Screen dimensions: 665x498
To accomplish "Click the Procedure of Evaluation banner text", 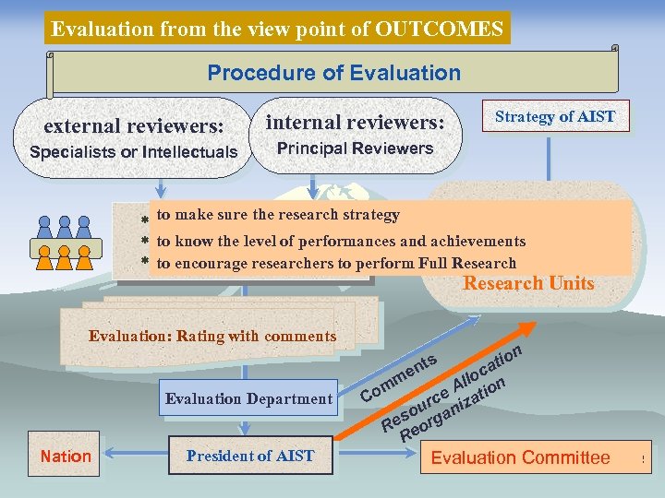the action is pyautogui.click(x=333, y=72).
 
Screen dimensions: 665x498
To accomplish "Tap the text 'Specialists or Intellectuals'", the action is pyautogui.click(x=134, y=152).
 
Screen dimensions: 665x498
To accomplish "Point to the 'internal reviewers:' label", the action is pyautogui.click(x=356, y=122).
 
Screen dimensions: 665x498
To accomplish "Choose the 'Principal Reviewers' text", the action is pyautogui.click(x=356, y=148).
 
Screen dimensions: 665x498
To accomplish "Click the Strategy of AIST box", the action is pyautogui.click(x=554, y=116).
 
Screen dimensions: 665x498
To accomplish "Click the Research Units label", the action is pyautogui.click(x=528, y=283).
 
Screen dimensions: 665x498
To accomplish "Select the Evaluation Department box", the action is pyautogui.click(x=248, y=399).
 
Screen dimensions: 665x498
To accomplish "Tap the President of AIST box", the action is pyautogui.click(x=249, y=456).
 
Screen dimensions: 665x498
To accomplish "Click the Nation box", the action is pyautogui.click(x=66, y=456).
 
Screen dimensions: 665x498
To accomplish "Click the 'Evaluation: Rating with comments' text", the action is pyautogui.click(x=212, y=336).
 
